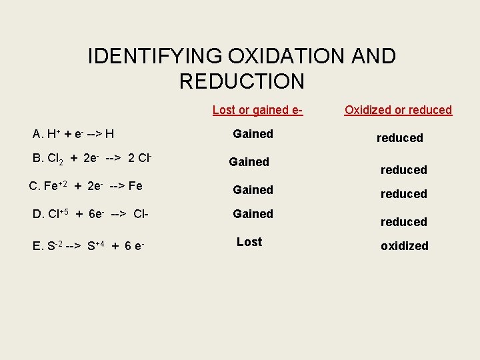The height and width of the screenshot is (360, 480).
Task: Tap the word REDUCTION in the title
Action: tap(241, 81)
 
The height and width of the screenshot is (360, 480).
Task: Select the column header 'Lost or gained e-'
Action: tap(257, 110)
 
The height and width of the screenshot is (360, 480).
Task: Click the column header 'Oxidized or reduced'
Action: tap(398, 110)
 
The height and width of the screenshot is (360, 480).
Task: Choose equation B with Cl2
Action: tap(93, 159)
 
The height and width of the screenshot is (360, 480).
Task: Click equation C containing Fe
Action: tap(86, 186)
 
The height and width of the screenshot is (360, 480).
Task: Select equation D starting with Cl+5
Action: tap(90, 214)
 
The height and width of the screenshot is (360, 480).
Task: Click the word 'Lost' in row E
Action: tap(249, 242)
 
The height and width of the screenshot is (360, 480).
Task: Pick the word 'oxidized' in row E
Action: tap(404, 246)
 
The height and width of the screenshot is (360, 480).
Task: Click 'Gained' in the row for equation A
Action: tap(253, 134)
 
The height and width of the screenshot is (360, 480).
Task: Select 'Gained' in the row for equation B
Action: tap(249, 162)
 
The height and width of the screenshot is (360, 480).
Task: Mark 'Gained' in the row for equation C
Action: tap(253, 190)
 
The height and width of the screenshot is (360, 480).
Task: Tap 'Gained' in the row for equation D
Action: tap(253, 214)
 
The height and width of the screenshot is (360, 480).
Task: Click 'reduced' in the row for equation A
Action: tap(399, 138)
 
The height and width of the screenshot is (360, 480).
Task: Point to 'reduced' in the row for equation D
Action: tap(403, 222)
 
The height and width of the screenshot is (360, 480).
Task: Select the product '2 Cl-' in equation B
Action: tap(141, 159)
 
